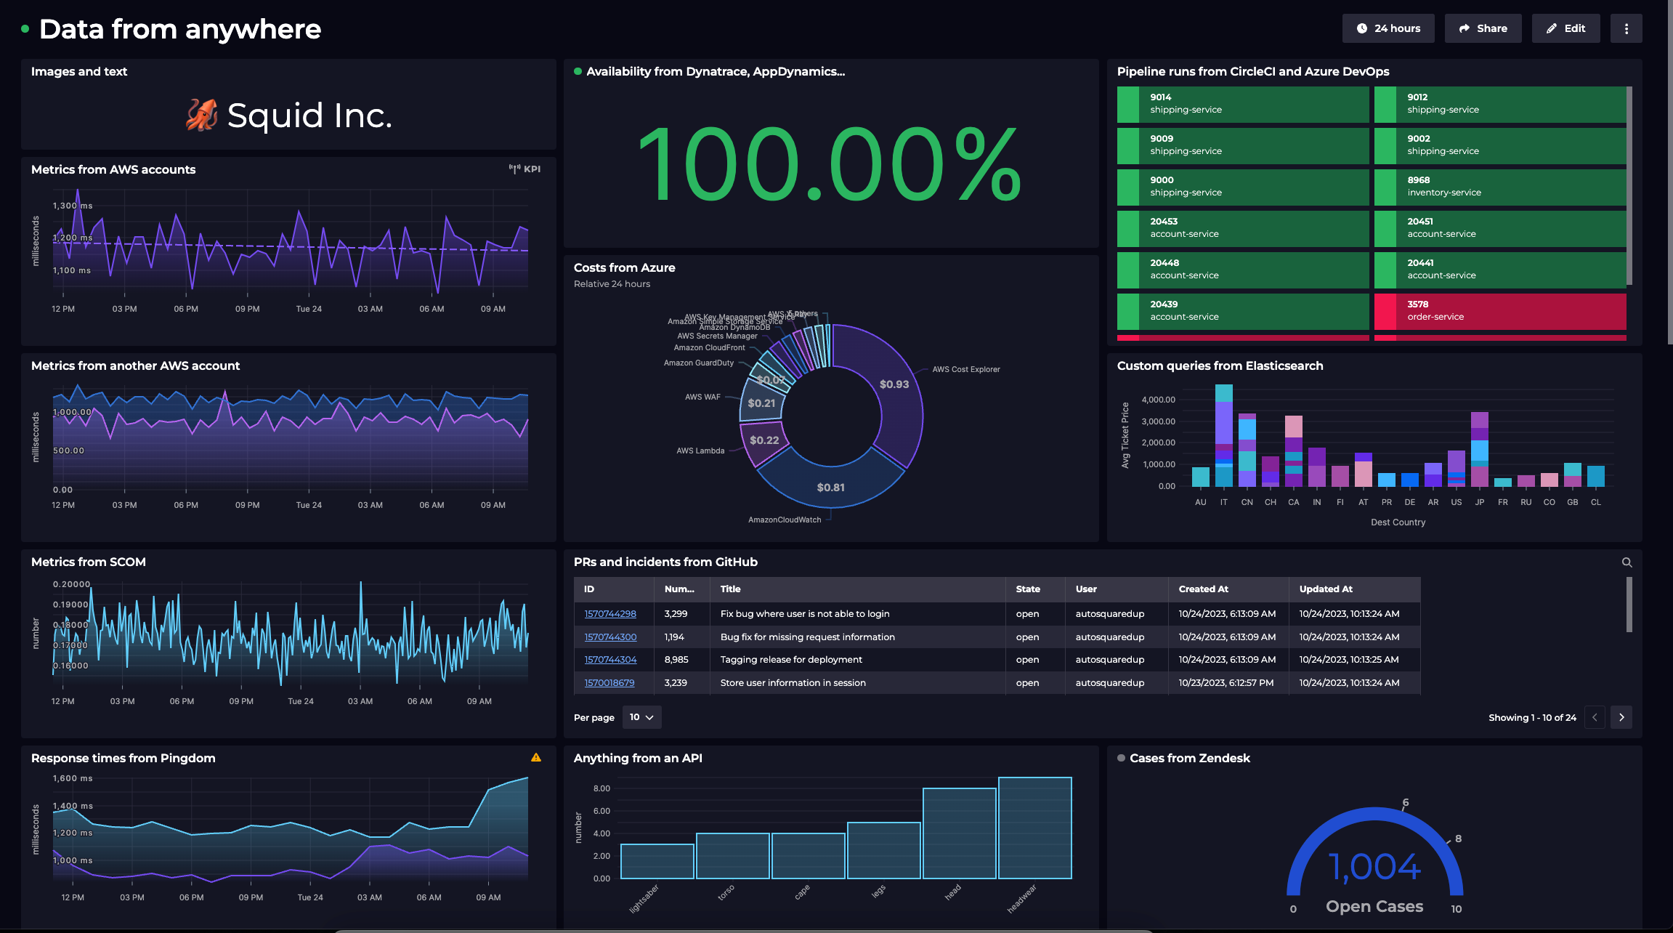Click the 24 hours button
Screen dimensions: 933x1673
pos(1388,28)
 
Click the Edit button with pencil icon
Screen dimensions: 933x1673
pos(1565,28)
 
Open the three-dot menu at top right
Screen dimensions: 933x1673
pos(1626,28)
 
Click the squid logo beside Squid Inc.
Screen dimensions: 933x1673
pos(201,115)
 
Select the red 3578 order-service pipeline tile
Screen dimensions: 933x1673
pos(1499,311)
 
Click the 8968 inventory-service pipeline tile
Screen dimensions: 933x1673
pos(1499,187)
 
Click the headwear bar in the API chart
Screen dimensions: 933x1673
pos(1034,828)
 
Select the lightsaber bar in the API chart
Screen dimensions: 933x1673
pos(657,861)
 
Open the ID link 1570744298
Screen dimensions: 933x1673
pos(610,614)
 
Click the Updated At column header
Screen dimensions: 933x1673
pos(1325,589)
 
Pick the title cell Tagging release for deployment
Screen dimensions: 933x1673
pos(791,660)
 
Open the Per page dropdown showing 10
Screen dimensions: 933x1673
pos(641,717)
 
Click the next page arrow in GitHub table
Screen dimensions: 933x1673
pos(1621,717)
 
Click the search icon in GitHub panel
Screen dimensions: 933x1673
pos(1627,562)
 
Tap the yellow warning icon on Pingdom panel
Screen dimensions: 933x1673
pos(536,757)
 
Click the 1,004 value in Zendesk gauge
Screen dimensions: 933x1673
pos(1374,867)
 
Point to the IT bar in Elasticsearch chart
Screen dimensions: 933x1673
pos(1224,436)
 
